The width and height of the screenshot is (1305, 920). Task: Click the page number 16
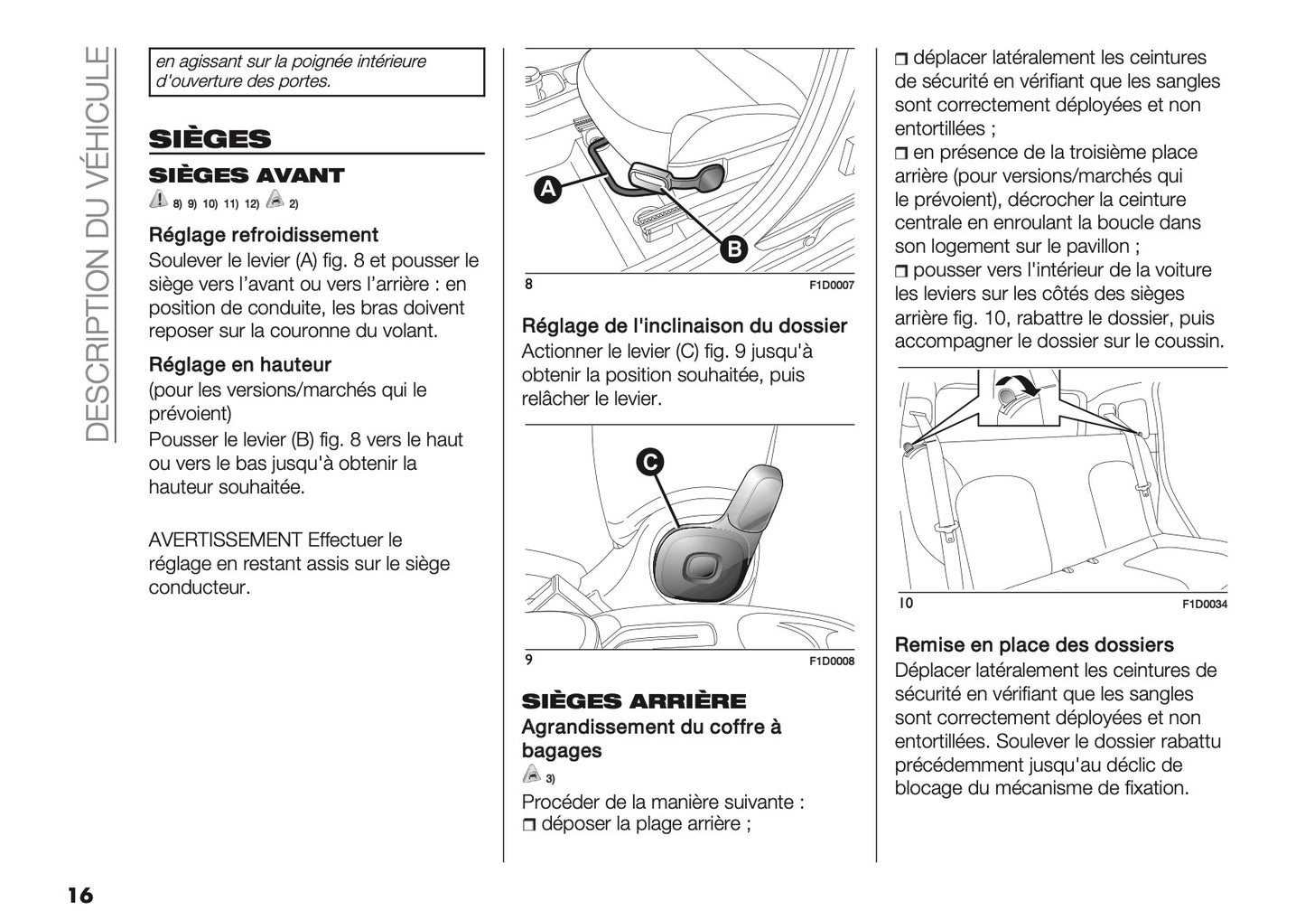click(79, 895)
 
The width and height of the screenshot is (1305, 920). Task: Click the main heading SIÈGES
click(210, 139)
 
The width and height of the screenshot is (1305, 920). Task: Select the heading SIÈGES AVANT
click(247, 175)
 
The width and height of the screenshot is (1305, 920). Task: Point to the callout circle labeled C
click(648, 462)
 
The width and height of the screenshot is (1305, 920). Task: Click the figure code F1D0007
click(831, 286)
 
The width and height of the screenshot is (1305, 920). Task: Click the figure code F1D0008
click(831, 662)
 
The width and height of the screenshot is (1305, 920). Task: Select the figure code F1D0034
click(1205, 605)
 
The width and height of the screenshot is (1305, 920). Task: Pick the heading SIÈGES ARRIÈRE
click(634, 701)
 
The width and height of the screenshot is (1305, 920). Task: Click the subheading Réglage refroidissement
click(263, 235)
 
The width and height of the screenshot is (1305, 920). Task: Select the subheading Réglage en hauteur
click(239, 365)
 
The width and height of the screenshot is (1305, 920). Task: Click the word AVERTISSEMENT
click(225, 540)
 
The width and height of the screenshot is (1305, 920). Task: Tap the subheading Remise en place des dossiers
click(1034, 645)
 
